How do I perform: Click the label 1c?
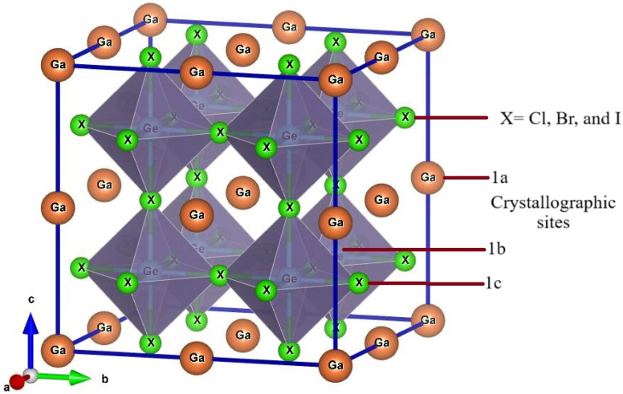[494, 282]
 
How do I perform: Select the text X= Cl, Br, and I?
[549, 119]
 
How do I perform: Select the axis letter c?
[31, 299]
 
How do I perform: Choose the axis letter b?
[104, 377]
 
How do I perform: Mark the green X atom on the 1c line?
[360, 282]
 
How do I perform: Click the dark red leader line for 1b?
[409, 250]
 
